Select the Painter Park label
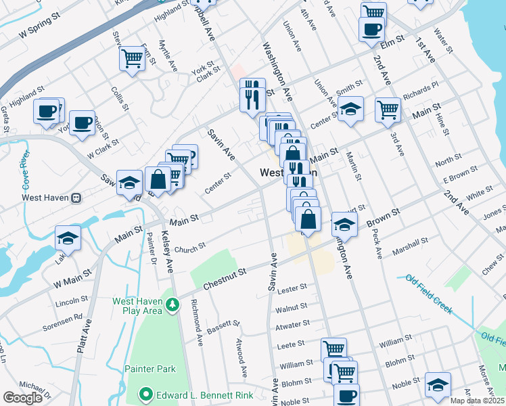[149, 369]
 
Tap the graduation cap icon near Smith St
[350, 108]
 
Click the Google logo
[22, 398]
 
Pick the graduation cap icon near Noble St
[438, 384]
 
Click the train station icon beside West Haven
[76, 198]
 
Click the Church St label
[189, 248]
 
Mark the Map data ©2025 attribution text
[477, 401]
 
